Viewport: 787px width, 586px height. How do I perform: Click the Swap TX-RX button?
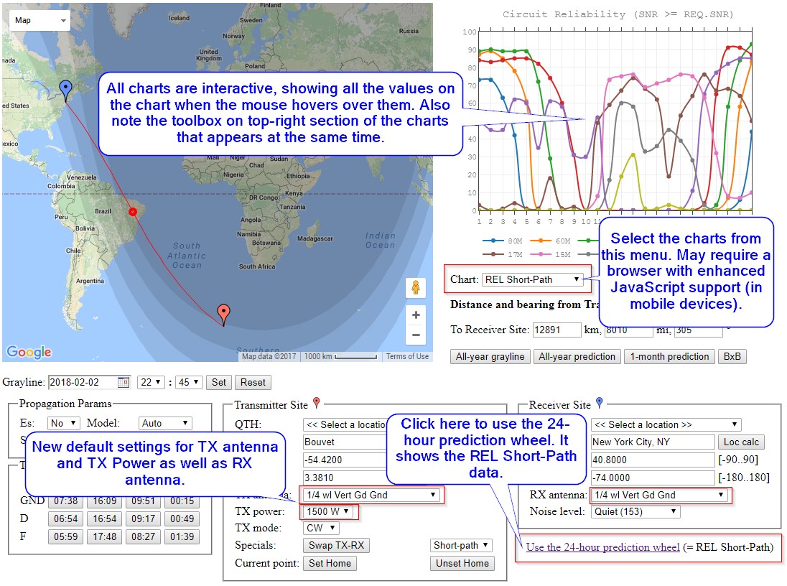[336, 546]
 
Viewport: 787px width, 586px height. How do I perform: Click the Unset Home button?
[462, 563]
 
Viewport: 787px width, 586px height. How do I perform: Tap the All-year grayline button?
[490, 356]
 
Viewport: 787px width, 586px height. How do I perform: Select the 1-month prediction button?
[669, 356]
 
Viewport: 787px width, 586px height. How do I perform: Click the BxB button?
[732, 356]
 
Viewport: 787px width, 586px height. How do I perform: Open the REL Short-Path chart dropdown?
[532, 279]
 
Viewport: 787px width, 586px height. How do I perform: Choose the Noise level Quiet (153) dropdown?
[635, 511]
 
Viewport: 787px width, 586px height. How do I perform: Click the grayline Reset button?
[253, 383]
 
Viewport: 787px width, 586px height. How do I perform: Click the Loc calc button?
[740, 442]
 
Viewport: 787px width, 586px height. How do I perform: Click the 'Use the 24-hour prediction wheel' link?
[602, 547]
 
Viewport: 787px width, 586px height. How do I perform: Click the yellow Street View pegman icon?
[416, 287]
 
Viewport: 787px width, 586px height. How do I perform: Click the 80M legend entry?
[510, 241]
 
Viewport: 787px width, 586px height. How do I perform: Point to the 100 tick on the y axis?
[470, 32]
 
